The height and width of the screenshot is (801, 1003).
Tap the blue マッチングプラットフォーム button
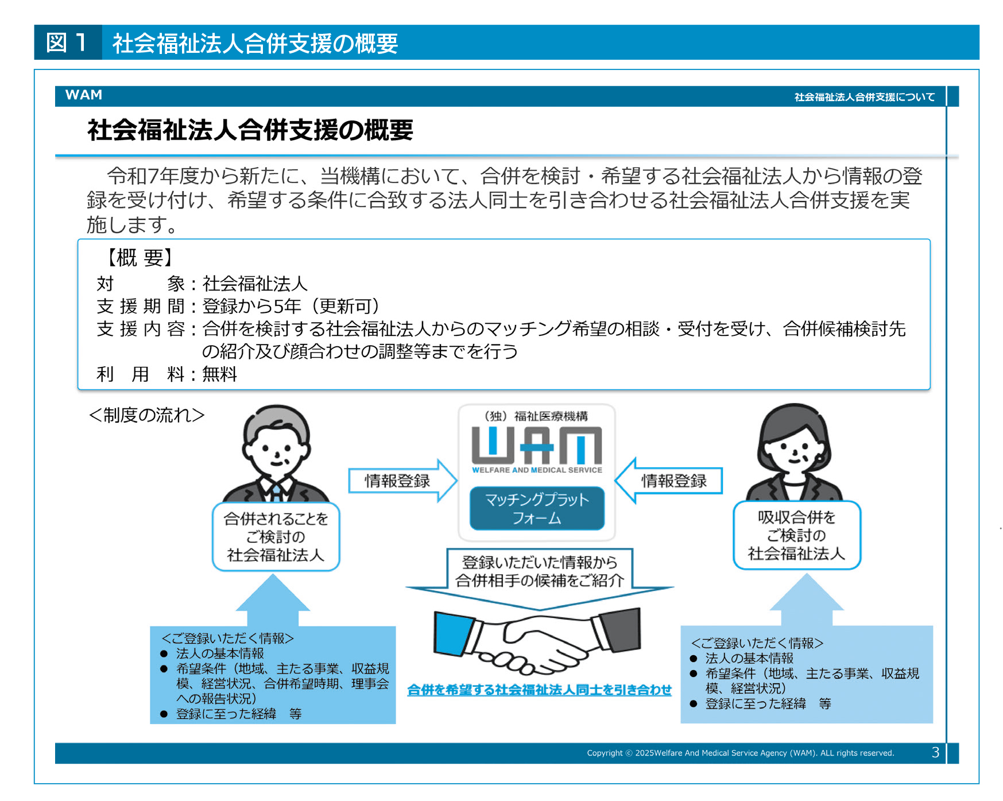(537, 509)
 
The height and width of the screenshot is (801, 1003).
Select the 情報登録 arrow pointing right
(402, 481)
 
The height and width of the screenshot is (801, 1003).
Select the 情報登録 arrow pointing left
(668, 481)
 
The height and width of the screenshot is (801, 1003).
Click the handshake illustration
(537, 640)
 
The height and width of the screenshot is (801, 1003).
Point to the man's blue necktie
(277, 492)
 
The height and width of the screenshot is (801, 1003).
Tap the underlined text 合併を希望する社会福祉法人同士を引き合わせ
(539, 690)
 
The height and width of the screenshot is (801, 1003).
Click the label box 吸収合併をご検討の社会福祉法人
(797, 535)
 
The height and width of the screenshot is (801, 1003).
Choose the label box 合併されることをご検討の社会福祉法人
(276, 537)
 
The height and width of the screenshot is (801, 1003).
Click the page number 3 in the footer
(935, 753)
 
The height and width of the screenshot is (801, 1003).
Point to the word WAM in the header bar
(84, 95)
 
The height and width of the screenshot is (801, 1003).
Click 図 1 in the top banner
(67, 42)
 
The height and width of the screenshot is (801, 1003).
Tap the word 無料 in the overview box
(220, 374)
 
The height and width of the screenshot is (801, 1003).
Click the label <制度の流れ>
(147, 415)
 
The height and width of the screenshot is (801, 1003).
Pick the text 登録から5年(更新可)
(291, 306)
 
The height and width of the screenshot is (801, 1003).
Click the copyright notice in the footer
(741, 753)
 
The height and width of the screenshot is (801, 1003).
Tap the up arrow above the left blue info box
(273, 600)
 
